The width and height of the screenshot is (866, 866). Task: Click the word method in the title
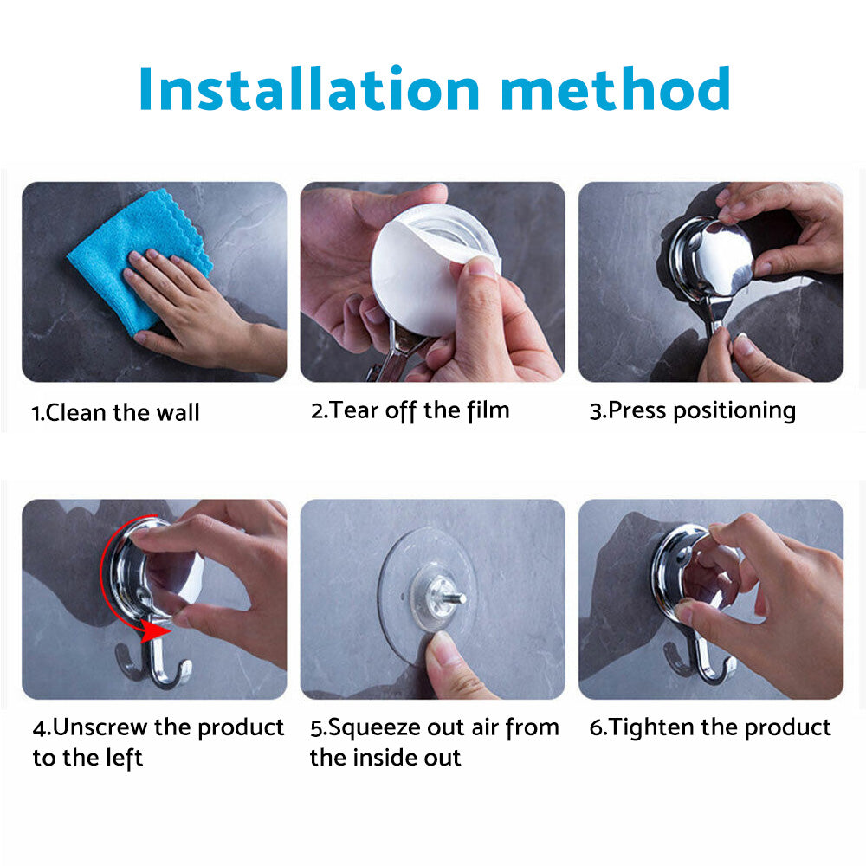point(615,88)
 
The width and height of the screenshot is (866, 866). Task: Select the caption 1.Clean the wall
point(115,412)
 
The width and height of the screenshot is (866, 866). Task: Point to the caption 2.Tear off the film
point(410,410)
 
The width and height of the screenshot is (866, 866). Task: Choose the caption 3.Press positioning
point(693,410)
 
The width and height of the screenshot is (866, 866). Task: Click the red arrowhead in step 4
point(156,632)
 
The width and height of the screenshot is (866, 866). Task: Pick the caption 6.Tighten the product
point(710,727)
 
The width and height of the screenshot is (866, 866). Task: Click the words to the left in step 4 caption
point(87,758)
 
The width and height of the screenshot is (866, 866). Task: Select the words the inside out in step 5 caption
point(385,758)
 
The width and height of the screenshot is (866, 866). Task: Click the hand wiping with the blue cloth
point(186,303)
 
